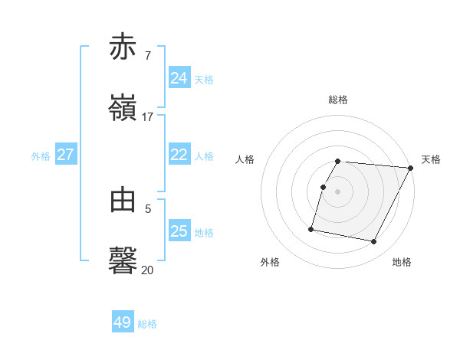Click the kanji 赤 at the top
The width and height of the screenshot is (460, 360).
point(123,47)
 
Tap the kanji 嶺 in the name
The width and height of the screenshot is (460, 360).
point(123,107)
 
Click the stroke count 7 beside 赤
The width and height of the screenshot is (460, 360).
point(148,57)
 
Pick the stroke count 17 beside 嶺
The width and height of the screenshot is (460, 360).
point(148,117)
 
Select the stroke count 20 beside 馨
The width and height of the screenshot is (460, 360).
point(148,270)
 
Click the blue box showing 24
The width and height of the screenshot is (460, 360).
point(179,78)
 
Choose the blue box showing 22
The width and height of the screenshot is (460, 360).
point(179,155)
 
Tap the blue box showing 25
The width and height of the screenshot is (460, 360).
point(179,231)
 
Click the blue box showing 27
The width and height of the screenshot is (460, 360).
point(66,155)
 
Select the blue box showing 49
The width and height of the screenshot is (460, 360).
point(123,322)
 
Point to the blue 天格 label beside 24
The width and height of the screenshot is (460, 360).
point(204,80)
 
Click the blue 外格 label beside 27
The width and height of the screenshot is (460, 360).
point(41,156)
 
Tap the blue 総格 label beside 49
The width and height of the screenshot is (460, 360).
point(147,324)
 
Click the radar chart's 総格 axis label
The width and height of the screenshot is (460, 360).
point(338,100)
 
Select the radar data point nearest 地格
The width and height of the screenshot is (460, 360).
point(373,242)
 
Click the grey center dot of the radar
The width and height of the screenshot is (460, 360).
point(338,191)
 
